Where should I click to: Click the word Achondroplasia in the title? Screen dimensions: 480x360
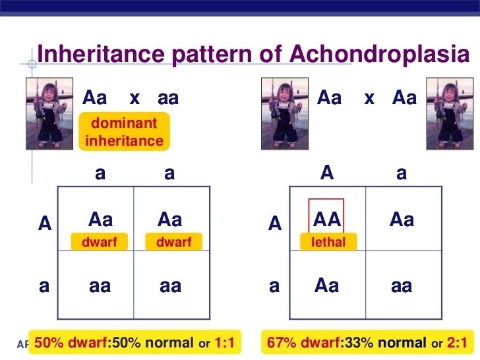(x=380, y=54)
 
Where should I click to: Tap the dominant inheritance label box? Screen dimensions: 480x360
(x=124, y=132)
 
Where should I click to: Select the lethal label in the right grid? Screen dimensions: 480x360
(x=328, y=242)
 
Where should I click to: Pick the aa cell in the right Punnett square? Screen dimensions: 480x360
(x=402, y=286)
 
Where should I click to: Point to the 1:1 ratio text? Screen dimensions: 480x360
(x=224, y=342)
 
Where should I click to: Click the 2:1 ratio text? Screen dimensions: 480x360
(x=457, y=342)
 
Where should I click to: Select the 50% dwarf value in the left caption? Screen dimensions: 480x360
(x=71, y=343)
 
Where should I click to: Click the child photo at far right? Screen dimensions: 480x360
(x=450, y=113)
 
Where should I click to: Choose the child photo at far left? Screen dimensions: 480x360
(x=49, y=113)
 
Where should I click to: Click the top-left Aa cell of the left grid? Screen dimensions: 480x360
(x=100, y=220)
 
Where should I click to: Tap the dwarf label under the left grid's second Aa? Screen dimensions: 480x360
(x=174, y=242)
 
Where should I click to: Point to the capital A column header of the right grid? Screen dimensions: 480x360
(x=327, y=173)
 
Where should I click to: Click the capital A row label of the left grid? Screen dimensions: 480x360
(x=45, y=223)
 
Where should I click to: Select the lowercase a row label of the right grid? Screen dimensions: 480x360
(x=274, y=286)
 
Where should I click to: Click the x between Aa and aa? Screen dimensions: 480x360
(x=135, y=98)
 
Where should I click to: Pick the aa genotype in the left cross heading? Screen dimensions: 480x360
(x=168, y=98)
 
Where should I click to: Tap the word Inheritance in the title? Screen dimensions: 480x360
(x=101, y=54)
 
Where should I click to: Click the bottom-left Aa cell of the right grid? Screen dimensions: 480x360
(x=326, y=285)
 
